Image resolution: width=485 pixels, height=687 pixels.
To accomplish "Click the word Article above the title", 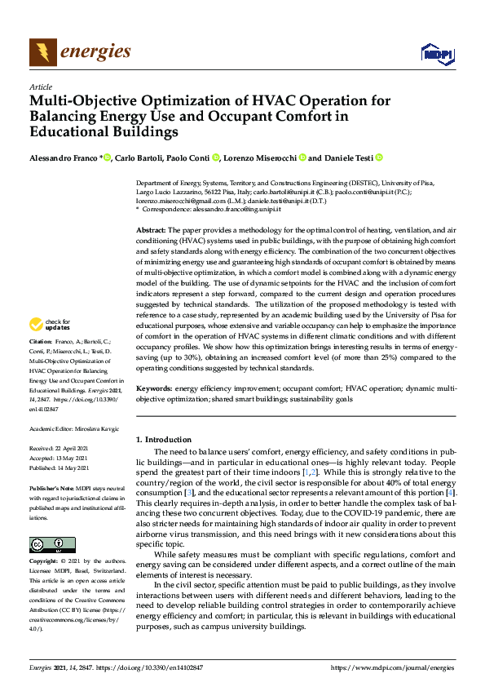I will coord(40,86).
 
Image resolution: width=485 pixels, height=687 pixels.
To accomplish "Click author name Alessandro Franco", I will coord(62,157).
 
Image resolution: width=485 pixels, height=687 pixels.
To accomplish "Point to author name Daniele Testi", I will coord(350,157).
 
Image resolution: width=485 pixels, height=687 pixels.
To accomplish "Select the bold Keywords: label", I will coord(155,390).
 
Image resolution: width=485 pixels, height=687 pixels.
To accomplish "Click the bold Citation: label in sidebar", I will coord(42,386).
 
